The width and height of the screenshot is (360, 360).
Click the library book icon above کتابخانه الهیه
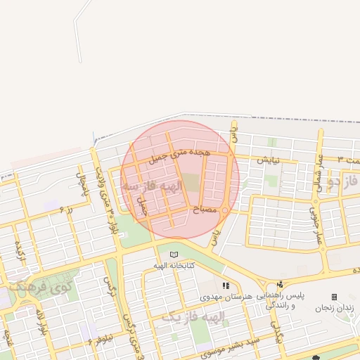(174, 254)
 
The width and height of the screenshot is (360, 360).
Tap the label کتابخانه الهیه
(174, 265)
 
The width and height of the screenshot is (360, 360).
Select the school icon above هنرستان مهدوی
(226, 285)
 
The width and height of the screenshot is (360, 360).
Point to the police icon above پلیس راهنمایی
(280, 285)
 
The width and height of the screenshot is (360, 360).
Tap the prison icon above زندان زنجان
(334, 297)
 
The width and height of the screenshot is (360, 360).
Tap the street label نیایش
(268, 160)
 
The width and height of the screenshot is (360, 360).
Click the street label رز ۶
(65, 209)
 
